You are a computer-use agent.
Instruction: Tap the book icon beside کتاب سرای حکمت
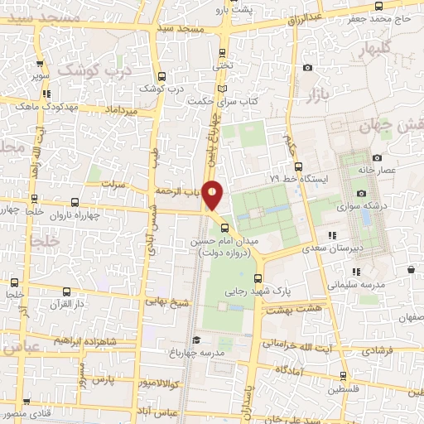coord(220,89)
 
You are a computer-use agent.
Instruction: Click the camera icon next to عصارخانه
coord(377,157)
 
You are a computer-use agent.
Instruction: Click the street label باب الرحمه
coord(179,191)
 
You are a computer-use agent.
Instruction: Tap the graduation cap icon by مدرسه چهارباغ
coord(196,339)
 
